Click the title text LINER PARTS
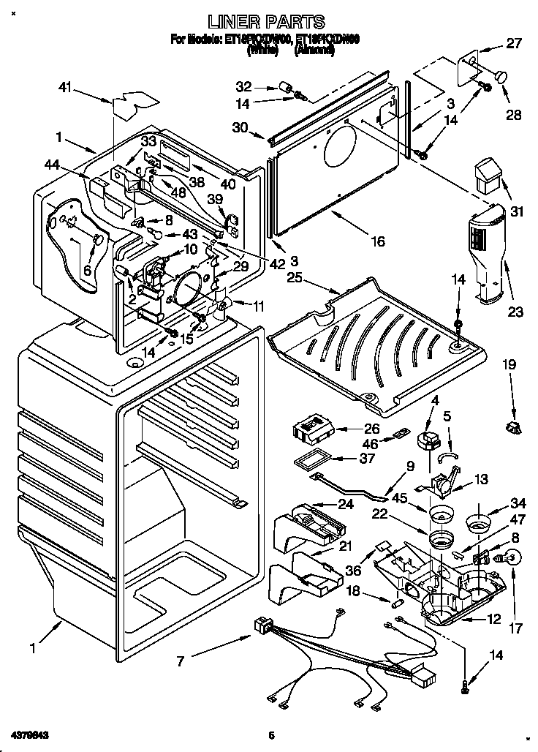click(x=267, y=22)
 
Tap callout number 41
click(x=66, y=90)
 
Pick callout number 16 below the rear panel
click(x=377, y=241)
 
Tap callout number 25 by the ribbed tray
click(x=295, y=278)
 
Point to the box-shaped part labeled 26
click(x=313, y=429)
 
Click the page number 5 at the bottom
click(x=270, y=735)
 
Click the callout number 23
click(x=515, y=312)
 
